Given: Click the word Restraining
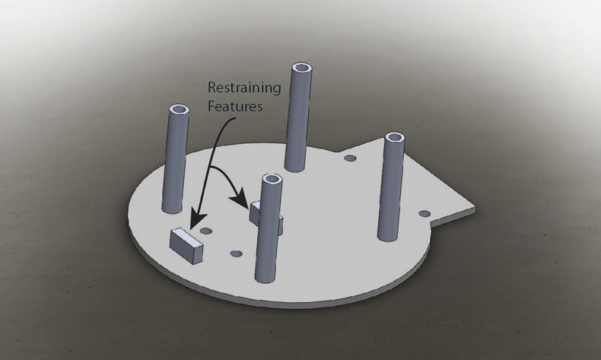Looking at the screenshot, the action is click(244, 88).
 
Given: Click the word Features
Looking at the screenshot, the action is click(235, 107).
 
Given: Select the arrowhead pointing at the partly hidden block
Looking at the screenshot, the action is click(240, 199).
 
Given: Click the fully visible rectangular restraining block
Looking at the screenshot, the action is click(186, 245).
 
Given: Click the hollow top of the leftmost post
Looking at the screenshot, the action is click(178, 110).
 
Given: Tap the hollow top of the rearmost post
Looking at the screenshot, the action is click(302, 68).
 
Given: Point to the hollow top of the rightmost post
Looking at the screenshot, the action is click(395, 138).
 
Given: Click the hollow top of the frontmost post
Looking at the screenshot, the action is click(272, 179).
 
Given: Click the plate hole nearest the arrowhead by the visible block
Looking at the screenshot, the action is click(206, 231).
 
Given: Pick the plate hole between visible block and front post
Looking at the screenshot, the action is click(236, 253).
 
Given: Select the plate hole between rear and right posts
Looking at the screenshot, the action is click(350, 158).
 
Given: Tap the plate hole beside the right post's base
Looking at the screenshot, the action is click(424, 214).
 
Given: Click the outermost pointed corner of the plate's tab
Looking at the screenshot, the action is click(475, 208).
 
